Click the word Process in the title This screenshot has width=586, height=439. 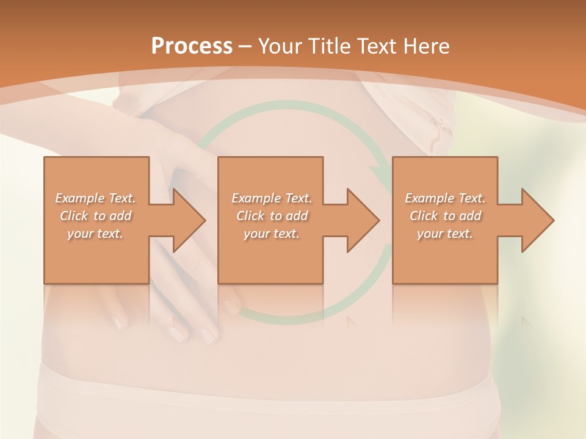click(192, 46)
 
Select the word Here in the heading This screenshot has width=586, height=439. click(427, 46)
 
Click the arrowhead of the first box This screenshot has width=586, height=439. click(189, 220)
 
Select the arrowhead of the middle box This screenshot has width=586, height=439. click(363, 220)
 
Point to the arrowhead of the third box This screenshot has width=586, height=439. click(538, 220)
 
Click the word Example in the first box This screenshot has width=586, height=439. click(80, 198)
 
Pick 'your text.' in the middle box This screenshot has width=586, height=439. click(271, 234)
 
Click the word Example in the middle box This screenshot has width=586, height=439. click(256, 198)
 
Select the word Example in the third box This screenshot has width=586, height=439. click(430, 198)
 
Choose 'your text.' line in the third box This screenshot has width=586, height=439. click(445, 234)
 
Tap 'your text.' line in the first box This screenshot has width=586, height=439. click(95, 234)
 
